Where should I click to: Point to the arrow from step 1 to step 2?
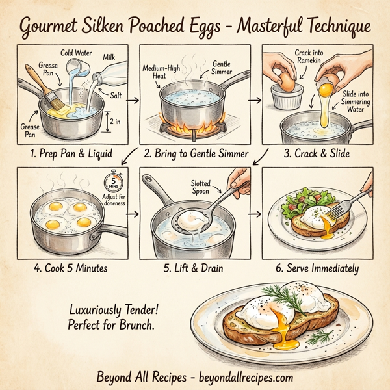pos(133,99)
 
